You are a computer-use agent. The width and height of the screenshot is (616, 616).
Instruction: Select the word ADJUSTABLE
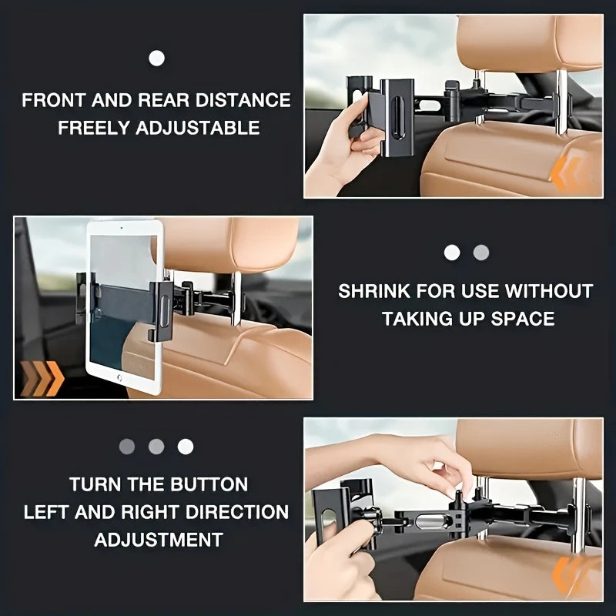coord(198,128)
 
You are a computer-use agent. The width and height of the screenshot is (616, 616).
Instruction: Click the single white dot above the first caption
coord(156,57)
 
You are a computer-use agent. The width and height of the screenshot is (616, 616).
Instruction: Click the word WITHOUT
coord(549,292)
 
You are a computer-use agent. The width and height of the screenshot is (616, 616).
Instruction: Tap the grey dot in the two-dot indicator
coord(481,253)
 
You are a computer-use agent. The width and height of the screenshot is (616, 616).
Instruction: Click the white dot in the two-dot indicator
coord(452,253)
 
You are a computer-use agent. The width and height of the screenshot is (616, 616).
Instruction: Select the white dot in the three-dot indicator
coord(186,446)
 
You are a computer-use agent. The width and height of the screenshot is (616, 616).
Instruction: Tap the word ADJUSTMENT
coord(159,540)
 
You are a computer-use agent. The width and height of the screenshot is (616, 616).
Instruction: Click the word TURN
coord(92,484)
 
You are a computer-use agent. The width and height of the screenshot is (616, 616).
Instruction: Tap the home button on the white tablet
coord(120,378)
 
